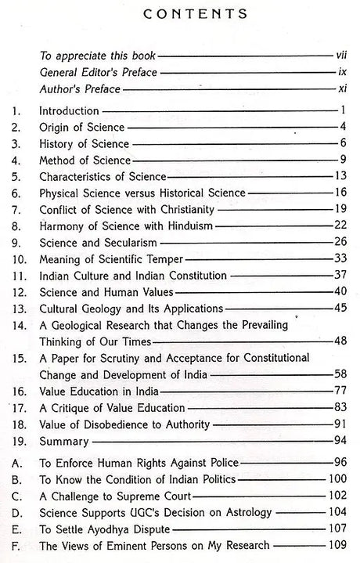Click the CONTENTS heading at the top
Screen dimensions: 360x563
185,13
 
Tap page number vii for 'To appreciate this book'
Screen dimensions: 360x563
338,56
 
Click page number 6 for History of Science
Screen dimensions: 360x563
342,144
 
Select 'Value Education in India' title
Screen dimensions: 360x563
94,391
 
